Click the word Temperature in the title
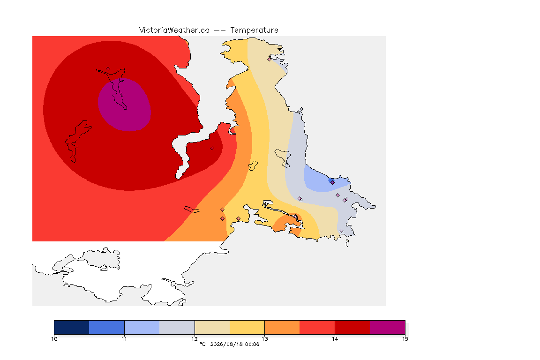(254, 30)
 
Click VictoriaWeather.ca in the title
(174, 30)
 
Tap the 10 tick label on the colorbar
(54, 339)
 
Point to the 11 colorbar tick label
(124, 339)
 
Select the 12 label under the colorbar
(195, 339)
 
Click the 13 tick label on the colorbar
(264, 339)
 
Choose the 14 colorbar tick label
(335, 339)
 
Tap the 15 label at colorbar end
(405, 339)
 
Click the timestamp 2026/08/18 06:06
(234, 344)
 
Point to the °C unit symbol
(202, 344)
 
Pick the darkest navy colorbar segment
(72, 327)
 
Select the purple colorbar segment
(388, 327)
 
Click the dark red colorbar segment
(352, 327)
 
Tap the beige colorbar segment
(212, 327)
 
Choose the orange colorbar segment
(282, 327)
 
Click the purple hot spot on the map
(125, 105)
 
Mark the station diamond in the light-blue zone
(332, 183)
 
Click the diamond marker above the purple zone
(108, 69)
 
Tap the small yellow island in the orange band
(253, 165)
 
